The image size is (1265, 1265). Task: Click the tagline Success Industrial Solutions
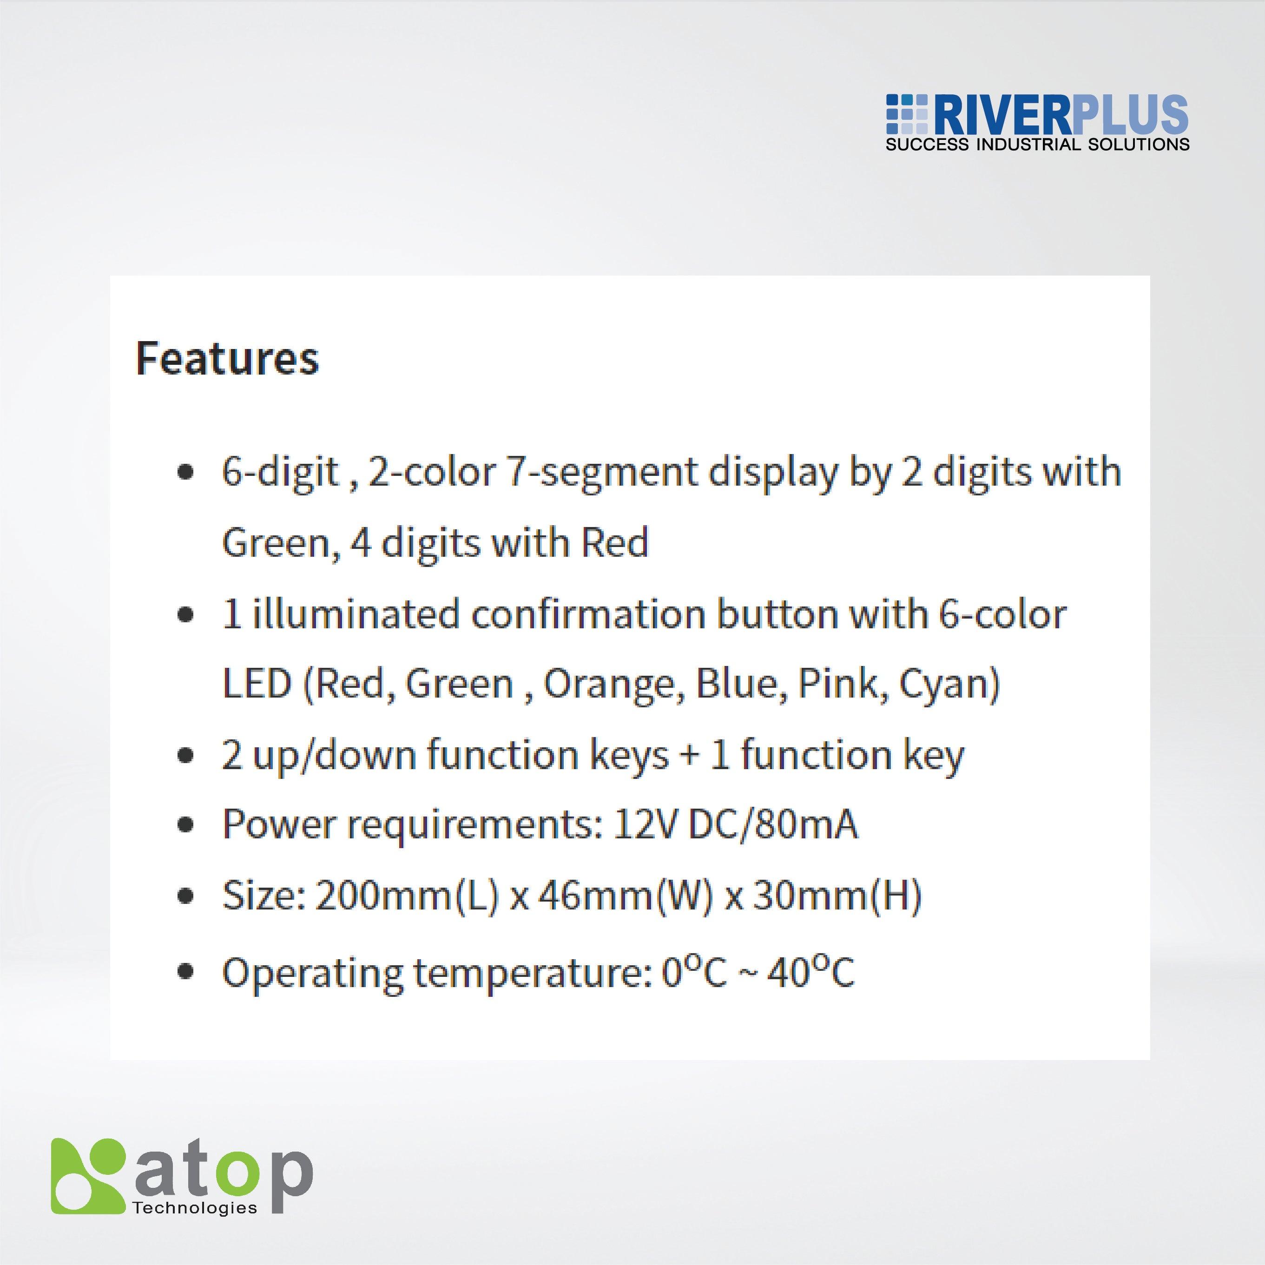pyautogui.click(x=1037, y=145)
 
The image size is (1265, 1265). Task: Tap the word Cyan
pyautogui.click(x=949, y=684)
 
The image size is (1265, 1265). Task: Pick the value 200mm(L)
pyautogui.click(x=407, y=895)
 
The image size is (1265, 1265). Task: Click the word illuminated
pyautogui.click(x=356, y=615)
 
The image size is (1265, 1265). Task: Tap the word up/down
pyautogui.click(x=335, y=755)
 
